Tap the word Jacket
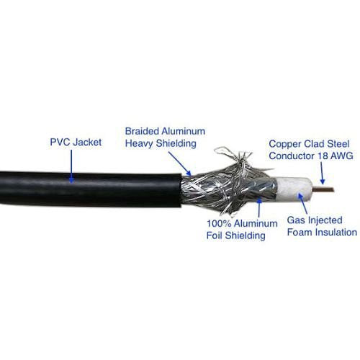pyautogui.click(x=87, y=143)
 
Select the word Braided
pyautogui.click(x=142, y=131)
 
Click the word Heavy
pyautogui.click(x=139, y=143)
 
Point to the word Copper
pyautogui.click(x=285, y=144)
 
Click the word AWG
pyautogui.click(x=341, y=156)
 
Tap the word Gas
pyautogui.click(x=296, y=220)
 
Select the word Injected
pyautogui.click(x=325, y=220)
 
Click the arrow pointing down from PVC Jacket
pyautogui.click(x=71, y=166)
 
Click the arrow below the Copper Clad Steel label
pyautogui.click(x=322, y=173)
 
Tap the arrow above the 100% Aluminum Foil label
pyautogui.click(x=259, y=207)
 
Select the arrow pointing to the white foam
pyautogui.click(x=302, y=203)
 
